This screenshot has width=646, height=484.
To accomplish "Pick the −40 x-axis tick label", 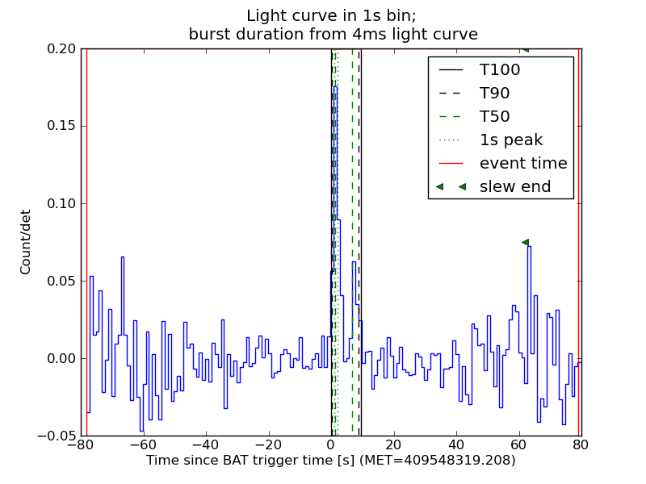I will point(206,444).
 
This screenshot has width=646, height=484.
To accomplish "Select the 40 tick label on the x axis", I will point(456,444).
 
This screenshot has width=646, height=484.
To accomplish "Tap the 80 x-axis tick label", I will point(581,444).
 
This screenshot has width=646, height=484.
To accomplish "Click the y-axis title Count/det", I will point(26,242).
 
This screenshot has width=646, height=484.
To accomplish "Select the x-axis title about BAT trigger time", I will point(331,461).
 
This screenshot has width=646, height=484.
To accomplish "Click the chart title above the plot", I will point(333,25).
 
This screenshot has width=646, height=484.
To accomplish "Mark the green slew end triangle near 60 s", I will point(525,242).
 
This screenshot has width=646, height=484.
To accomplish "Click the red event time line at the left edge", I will point(86,242).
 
